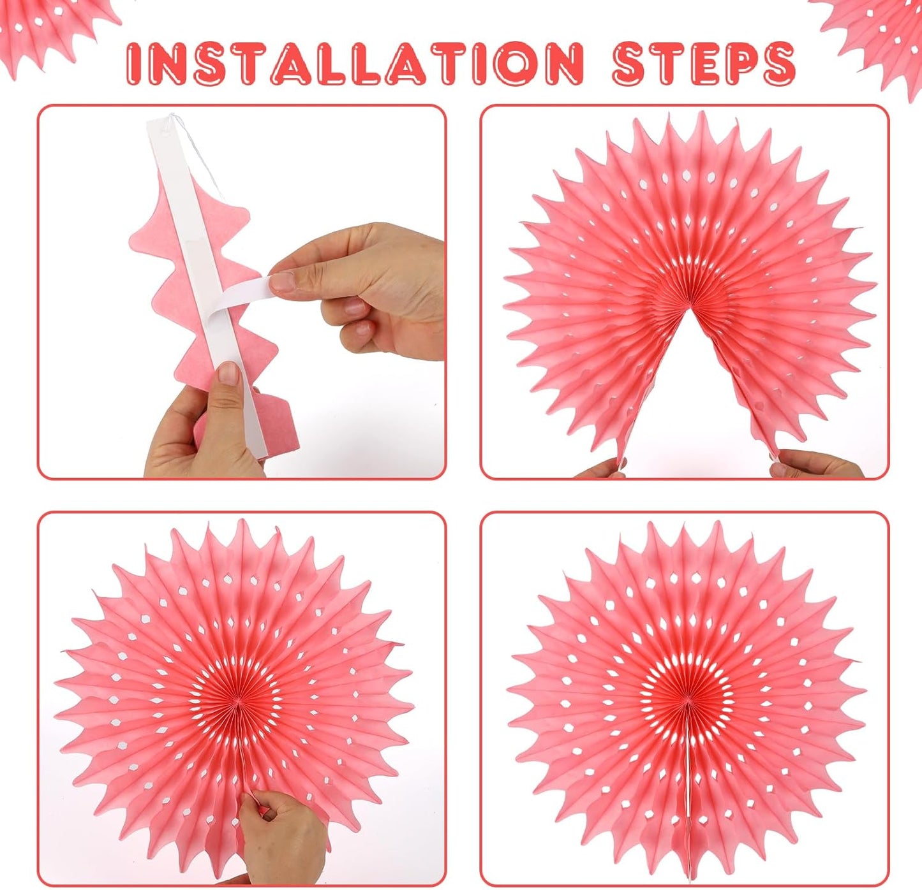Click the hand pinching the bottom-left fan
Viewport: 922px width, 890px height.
281,835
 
